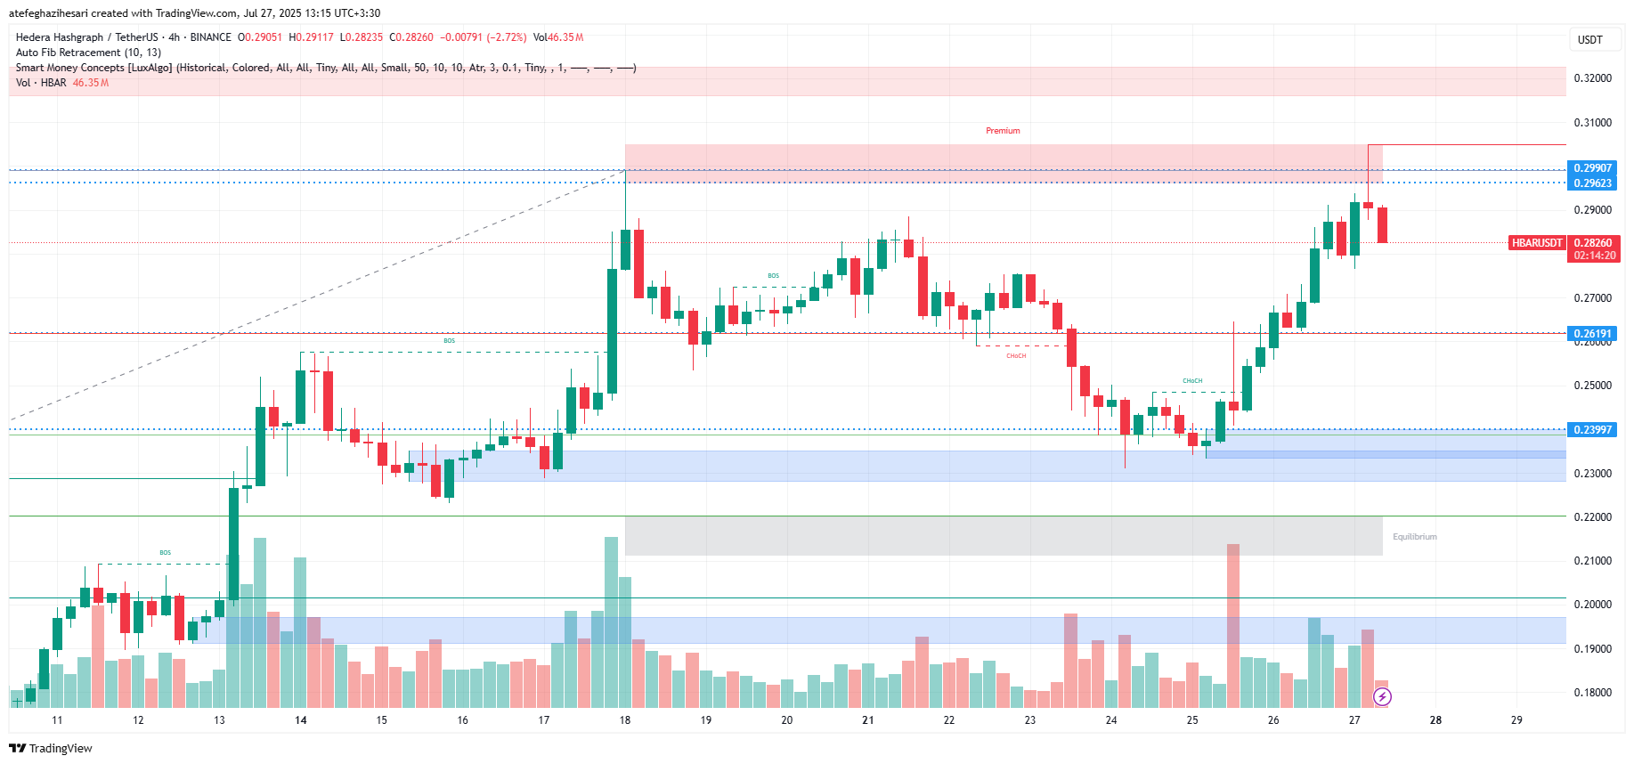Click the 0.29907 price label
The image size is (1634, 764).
click(1592, 168)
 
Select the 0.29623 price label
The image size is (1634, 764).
click(1592, 183)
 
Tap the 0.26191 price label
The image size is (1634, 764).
click(1592, 334)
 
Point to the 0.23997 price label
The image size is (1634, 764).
click(1592, 429)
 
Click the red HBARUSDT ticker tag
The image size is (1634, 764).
click(1537, 243)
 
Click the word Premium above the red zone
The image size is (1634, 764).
click(1003, 131)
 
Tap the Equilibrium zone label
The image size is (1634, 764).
click(1414, 537)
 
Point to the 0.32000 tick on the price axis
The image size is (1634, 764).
click(1592, 78)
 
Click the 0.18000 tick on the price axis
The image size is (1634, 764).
click(1592, 693)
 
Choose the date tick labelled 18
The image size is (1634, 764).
click(625, 720)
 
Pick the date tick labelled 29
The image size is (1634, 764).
click(1516, 720)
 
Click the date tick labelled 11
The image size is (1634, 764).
click(57, 720)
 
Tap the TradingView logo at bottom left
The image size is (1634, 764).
click(51, 748)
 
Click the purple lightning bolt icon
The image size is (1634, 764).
click(1382, 696)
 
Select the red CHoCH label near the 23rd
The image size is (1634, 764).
click(1016, 356)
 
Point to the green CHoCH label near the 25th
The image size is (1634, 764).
click(1192, 381)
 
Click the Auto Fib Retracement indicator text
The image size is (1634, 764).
click(88, 53)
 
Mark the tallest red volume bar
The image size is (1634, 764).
click(1233, 614)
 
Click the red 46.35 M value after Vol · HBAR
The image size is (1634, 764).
click(91, 83)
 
